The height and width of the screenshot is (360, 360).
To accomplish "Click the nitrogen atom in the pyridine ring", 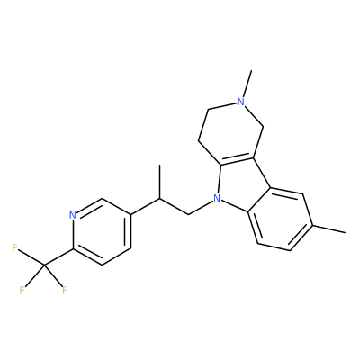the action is (x=72, y=215).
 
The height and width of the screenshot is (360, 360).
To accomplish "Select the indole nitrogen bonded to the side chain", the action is (x=217, y=198).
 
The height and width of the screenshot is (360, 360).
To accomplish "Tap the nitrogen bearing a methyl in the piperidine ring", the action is (x=241, y=102).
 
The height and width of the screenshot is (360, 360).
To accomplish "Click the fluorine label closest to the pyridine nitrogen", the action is (x=14, y=248).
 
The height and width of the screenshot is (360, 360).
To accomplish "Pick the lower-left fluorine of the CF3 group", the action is (x=22, y=290).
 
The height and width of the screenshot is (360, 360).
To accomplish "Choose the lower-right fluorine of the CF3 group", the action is (x=65, y=290).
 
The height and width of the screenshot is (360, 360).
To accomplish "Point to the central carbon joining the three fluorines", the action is (x=44, y=265).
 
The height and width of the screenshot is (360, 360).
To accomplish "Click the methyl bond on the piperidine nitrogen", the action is (x=247, y=84).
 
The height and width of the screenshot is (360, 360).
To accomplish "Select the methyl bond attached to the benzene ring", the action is (x=328, y=229).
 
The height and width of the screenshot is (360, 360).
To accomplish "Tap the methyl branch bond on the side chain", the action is (x=160, y=182).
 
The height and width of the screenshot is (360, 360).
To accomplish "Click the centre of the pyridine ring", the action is (x=102, y=231).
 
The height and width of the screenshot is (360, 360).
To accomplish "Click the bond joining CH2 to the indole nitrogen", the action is (x=201, y=207).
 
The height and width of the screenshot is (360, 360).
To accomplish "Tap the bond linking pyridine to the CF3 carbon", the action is (x=58, y=257).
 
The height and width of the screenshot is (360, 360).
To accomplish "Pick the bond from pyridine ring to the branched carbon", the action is (x=146, y=207).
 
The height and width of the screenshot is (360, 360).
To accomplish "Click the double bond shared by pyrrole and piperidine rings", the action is (x=237, y=162).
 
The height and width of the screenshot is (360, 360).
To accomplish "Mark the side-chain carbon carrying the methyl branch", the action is (x=160, y=199).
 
